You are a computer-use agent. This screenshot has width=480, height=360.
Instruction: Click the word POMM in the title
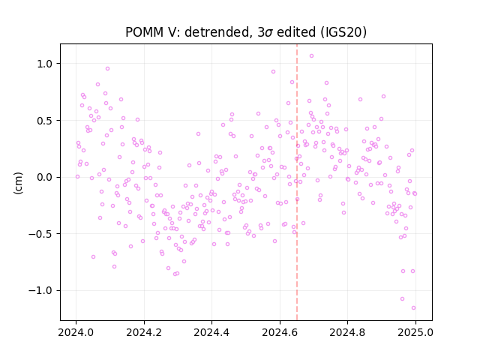click(x=145, y=32)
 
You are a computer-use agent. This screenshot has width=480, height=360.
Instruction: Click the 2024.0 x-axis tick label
click(x=76, y=332)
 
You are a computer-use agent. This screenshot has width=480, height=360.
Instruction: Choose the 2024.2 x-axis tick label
click(x=144, y=332)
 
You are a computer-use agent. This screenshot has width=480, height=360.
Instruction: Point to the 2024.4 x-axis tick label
click(x=211, y=332)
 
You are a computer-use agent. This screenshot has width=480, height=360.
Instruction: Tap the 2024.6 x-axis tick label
click(x=280, y=332)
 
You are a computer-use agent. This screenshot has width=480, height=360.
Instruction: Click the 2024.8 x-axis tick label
click(x=347, y=332)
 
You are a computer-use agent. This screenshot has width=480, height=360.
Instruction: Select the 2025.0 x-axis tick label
click(x=415, y=332)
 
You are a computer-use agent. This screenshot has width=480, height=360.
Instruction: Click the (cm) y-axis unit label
click(x=18, y=183)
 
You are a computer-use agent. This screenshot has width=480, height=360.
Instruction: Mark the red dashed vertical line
click(x=297, y=182)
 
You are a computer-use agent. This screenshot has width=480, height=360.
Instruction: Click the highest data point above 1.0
click(x=311, y=56)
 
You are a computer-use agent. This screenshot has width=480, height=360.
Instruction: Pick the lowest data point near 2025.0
click(x=413, y=308)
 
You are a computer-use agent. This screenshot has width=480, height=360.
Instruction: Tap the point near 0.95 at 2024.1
click(x=107, y=69)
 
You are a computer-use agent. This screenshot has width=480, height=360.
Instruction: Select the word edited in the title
click(x=296, y=32)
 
